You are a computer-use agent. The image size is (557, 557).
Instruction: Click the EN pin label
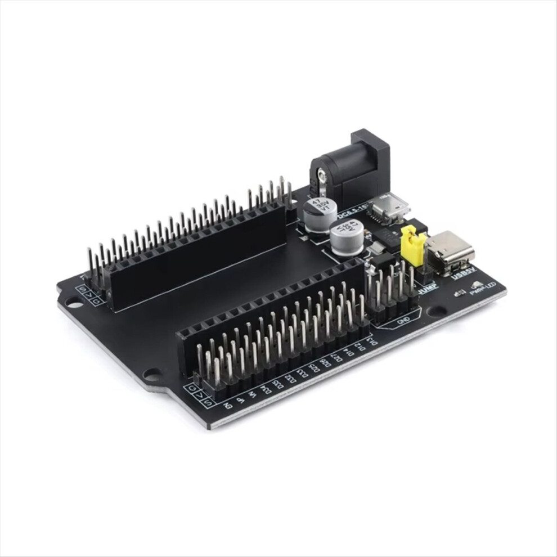(x=227, y=405)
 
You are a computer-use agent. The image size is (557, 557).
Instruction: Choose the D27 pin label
(x=336, y=358)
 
